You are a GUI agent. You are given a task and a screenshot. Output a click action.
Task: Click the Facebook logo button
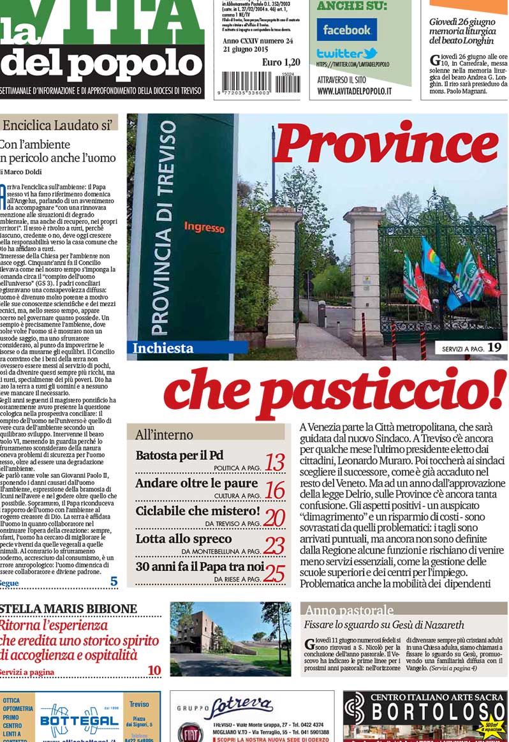(x=346, y=30)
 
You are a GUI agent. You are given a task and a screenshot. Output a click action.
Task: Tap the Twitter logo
(x=347, y=54)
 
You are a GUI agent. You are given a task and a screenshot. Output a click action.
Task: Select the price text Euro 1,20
(x=281, y=63)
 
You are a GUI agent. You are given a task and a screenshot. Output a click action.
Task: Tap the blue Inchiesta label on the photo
(x=163, y=348)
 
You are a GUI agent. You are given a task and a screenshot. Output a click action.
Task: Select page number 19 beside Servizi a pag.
(x=494, y=348)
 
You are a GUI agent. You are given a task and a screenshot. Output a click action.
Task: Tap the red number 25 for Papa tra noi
(x=274, y=573)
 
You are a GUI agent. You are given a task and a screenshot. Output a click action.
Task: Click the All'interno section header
(x=164, y=435)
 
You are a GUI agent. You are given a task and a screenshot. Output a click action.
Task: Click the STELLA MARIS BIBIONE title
(x=68, y=608)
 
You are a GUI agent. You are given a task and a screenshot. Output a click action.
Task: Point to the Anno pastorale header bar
(x=404, y=610)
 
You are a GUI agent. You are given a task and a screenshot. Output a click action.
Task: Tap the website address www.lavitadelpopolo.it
(x=355, y=91)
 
